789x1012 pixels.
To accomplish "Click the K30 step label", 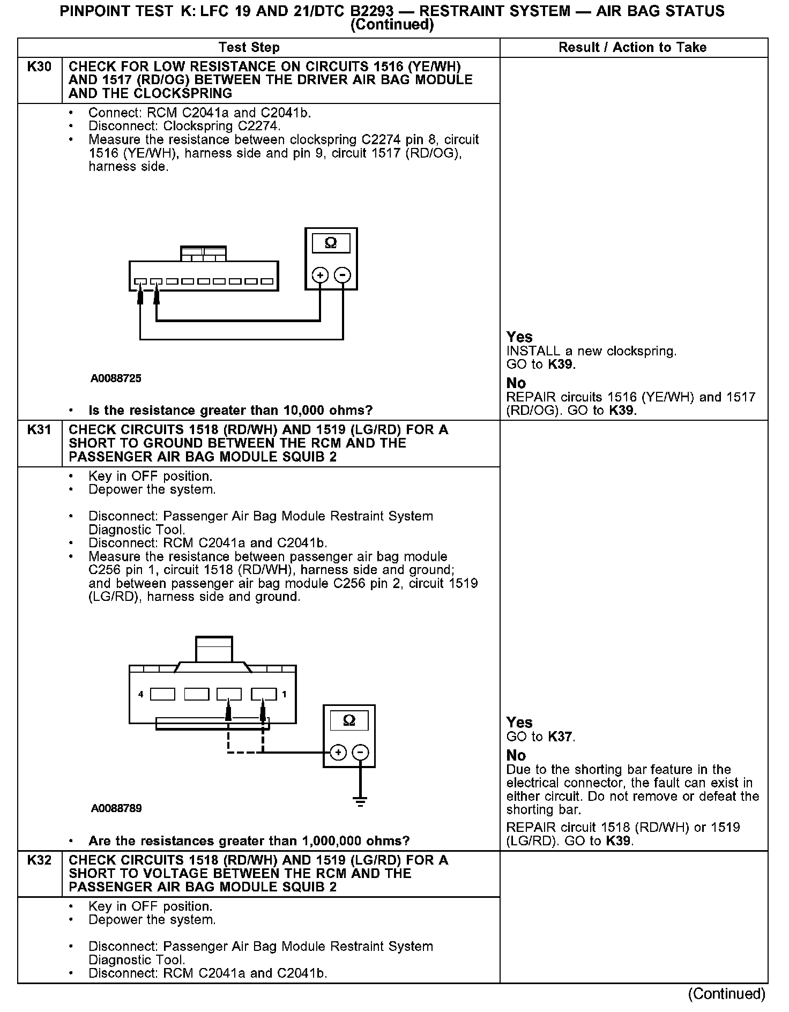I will [x=39, y=67].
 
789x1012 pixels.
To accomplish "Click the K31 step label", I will [x=39, y=430].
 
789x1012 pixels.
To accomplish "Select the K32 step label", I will [x=39, y=860].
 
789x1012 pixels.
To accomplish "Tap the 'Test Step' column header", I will [x=249, y=48].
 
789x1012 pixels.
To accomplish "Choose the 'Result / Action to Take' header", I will [x=632, y=48].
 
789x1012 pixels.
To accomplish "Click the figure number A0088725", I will [x=116, y=378].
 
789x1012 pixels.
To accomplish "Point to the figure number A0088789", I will [x=116, y=808].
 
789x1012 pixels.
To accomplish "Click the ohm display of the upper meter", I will [x=331, y=243].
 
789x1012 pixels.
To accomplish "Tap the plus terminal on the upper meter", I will [x=320, y=276].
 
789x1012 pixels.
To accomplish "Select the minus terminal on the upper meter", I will [x=343, y=276].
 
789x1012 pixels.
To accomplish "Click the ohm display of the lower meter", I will [x=349, y=721].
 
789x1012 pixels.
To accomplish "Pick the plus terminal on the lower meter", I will [x=338, y=753].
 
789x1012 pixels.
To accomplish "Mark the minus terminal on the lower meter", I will [x=361, y=753].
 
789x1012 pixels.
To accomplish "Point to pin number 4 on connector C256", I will [x=140, y=695].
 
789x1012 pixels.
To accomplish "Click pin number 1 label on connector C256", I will [x=284, y=695].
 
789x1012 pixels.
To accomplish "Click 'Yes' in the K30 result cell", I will [x=519, y=337].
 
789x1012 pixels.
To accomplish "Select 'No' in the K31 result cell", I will [x=516, y=756].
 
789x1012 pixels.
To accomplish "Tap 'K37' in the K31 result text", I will [x=561, y=737].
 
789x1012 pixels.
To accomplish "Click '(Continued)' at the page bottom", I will [x=727, y=994].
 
